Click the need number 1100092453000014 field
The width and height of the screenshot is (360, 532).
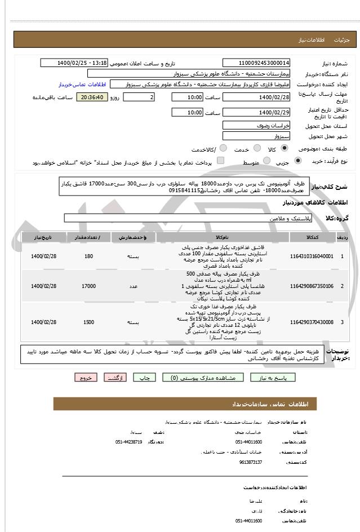click(256, 63)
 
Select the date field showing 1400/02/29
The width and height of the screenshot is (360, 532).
click(256, 113)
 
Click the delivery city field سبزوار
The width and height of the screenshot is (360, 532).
click(256, 136)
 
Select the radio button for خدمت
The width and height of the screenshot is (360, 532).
click(254, 149)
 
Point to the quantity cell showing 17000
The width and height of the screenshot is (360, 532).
click(88, 286)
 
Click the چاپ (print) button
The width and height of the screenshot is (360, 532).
click(145, 378)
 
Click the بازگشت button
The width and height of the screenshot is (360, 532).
click(115, 378)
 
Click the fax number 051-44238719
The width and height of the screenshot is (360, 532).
click(128, 442)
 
